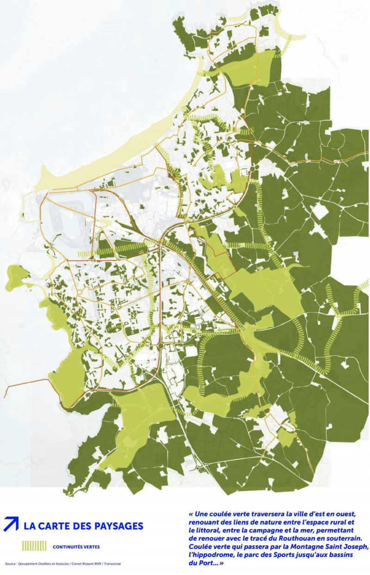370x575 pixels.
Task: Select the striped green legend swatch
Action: [x=34, y=546]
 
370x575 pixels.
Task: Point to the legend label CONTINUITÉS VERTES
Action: [x=76, y=547]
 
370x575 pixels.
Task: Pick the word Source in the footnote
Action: [x=10, y=564]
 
